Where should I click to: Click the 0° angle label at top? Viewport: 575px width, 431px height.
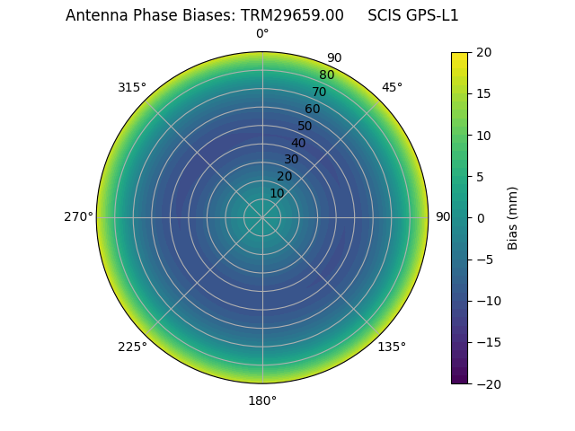(x=262, y=34)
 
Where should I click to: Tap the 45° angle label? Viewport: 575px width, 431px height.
(x=392, y=87)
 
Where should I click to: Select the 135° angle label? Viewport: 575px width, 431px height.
(x=392, y=347)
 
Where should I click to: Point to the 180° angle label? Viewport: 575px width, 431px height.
(x=262, y=400)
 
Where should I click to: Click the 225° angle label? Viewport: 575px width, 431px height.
(x=132, y=347)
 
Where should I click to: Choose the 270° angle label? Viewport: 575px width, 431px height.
(x=78, y=216)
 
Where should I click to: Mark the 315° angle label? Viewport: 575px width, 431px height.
(x=132, y=87)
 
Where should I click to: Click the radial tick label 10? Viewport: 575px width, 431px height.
(x=277, y=193)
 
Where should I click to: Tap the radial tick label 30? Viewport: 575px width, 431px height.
(x=291, y=159)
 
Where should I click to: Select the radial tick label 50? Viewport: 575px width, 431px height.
(x=305, y=126)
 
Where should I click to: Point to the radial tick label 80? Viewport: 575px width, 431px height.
(x=326, y=75)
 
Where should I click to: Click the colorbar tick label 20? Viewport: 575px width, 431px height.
(x=483, y=53)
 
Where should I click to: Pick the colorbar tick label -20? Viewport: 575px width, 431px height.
(x=487, y=383)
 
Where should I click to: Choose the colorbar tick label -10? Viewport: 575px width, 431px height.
(x=487, y=301)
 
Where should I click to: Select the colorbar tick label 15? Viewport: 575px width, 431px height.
(x=483, y=94)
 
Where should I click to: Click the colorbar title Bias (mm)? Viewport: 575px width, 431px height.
(x=513, y=218)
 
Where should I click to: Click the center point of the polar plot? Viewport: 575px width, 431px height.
(x=262, y=217)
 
